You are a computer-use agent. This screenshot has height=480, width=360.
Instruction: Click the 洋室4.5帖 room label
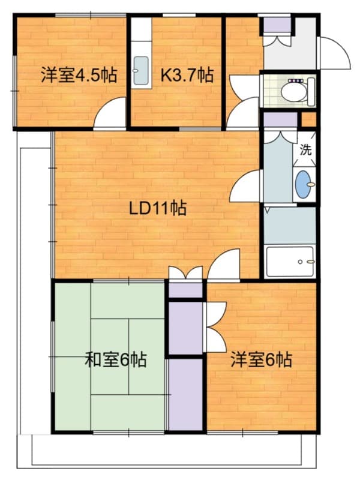click(x=79, y=76)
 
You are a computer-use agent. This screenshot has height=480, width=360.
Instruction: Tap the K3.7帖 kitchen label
click(x=187, y=76)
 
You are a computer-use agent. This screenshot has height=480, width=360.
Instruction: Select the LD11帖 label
click(x=158, y=209)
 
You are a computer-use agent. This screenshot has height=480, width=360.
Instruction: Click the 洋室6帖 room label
click(x=262, y=360)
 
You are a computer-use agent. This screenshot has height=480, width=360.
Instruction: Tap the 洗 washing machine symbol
click(x=305, y=150)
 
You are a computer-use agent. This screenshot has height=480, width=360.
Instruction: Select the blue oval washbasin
click(x=304, y=184)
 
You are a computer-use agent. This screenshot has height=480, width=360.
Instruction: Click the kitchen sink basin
click(x=142, y=71)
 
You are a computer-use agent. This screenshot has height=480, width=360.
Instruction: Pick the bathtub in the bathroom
click(x=290, y=262)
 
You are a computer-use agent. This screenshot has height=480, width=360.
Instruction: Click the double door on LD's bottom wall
click(x=185, y=274)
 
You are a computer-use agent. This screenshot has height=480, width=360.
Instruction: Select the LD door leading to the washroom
click(x=246, y=186)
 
